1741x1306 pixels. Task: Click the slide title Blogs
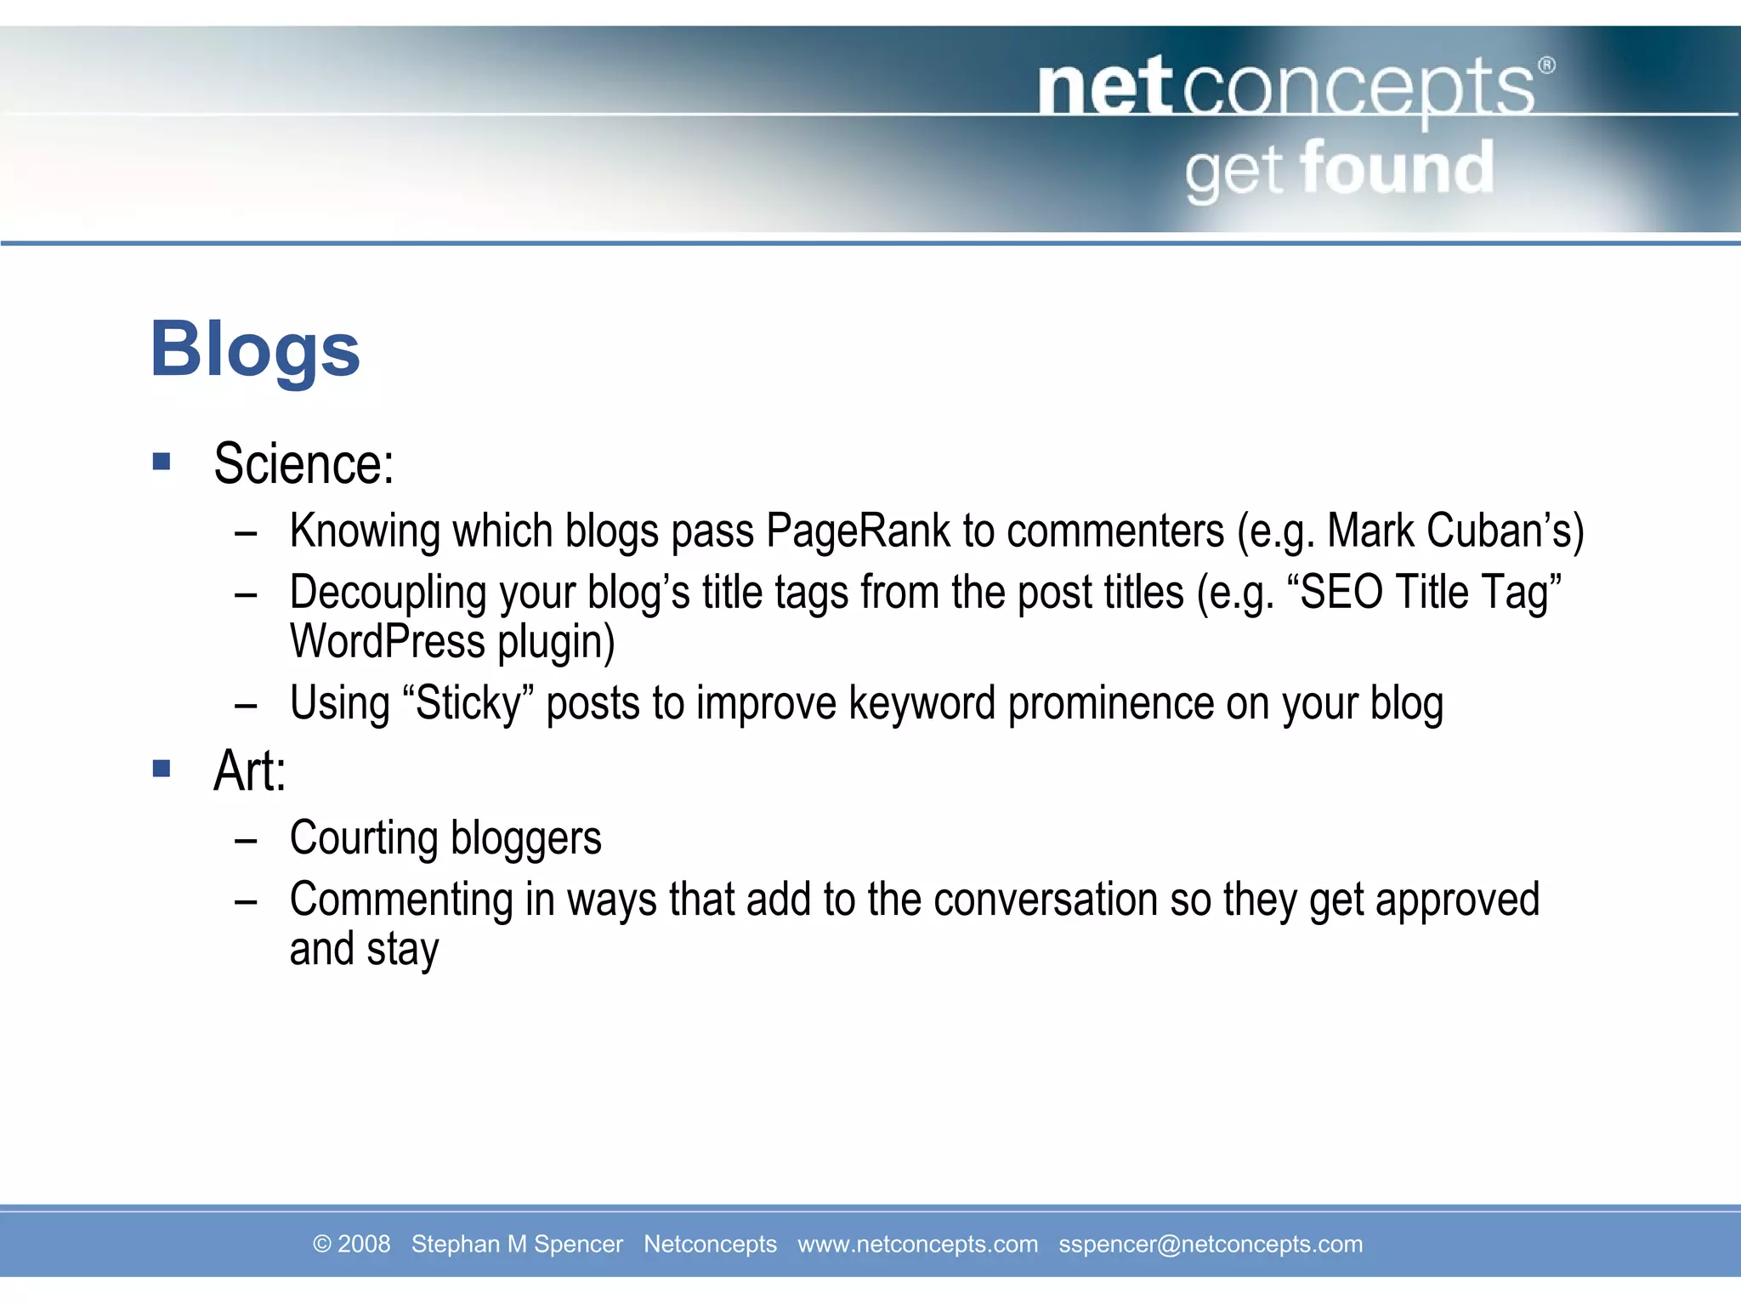point(255,350)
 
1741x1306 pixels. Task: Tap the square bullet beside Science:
point(162,462)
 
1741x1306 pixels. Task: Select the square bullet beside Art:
point(162,769)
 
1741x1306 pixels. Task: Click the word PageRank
point(858,532)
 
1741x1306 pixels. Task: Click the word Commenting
point(401,900)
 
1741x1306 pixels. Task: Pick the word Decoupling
point(388,593)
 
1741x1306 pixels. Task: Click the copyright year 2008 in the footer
point(364,1244)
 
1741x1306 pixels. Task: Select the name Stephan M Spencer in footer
point(517,1244)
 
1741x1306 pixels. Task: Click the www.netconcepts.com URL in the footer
point(917,1244)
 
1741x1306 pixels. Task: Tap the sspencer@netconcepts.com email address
point(1210,1244)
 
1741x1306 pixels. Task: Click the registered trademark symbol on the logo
point(1546,65)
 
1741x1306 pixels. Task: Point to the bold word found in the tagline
point(1397,169)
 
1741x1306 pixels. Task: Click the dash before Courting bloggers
point(246,841)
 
